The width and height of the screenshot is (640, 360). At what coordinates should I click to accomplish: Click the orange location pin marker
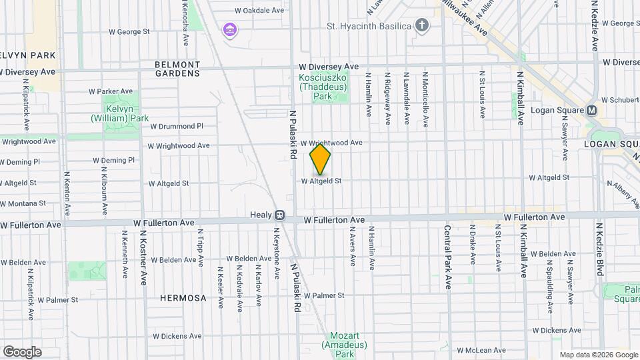click(x=320, y=159)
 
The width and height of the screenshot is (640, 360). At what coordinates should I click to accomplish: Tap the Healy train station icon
click(x=280, y=215)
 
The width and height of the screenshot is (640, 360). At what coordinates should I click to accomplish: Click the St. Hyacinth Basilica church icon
click(x=421, y=26)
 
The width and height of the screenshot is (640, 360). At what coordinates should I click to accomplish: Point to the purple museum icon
click(x=230, y=29)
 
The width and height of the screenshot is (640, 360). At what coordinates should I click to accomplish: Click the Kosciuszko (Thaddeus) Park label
click(x=323, y=87)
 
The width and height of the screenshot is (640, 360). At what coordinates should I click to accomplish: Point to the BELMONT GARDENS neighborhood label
click(x=177, y=69)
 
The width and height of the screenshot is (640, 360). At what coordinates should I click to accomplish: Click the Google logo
click(x=23, y=351)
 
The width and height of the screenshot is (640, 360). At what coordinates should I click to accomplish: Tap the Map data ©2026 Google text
click(x=598, y=355)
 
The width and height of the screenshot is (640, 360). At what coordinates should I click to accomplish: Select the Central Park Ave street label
click(x=447, y=256)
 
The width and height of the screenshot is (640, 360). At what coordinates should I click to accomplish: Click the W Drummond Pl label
click(x=176, y=126)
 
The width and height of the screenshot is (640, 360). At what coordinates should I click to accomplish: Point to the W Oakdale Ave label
click(x=261, y=11)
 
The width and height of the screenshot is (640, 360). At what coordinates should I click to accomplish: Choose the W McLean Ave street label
click(x=481, y=350)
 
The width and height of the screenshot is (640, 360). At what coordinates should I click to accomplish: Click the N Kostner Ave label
click(x=143, y=259)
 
